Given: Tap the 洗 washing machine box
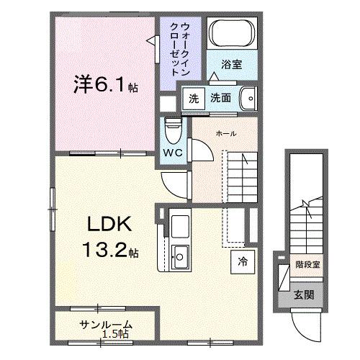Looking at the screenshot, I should pyautogui.click(x=193, y=96).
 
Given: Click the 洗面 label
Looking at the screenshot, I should pyautogui.click(x=221, y=96).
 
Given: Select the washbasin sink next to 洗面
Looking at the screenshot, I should pyautogui.click(x=247, y=96).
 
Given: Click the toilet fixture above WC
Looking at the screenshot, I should pyautogui.click(x=170, y=130).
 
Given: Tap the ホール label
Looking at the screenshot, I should pyautogui.click(x=227, y=133).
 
